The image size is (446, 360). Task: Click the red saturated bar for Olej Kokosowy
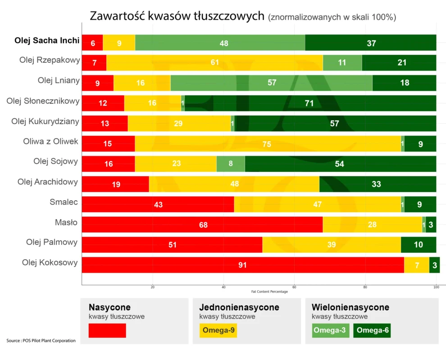[242, 265]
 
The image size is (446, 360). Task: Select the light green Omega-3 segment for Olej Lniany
[271, 83]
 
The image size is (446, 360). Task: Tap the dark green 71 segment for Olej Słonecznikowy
[310, 103]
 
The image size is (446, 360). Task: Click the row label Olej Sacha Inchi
[47, 40]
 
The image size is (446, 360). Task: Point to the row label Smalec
[64, 202]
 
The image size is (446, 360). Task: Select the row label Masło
[66, 222]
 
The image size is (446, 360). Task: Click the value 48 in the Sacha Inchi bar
[224, 43]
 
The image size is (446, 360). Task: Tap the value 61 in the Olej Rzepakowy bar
[215, 63]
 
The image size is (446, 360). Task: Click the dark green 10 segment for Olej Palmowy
[418, 245]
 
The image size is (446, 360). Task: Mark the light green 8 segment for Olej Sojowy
[231, 164]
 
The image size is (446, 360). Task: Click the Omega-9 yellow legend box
[218, 330]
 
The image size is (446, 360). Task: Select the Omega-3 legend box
[330, 330]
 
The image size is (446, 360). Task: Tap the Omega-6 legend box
[372, 330]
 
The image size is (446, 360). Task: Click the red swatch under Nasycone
[107, 330]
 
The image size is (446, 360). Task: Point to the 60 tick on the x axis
[294, 287]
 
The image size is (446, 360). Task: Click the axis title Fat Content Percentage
[269, 292]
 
